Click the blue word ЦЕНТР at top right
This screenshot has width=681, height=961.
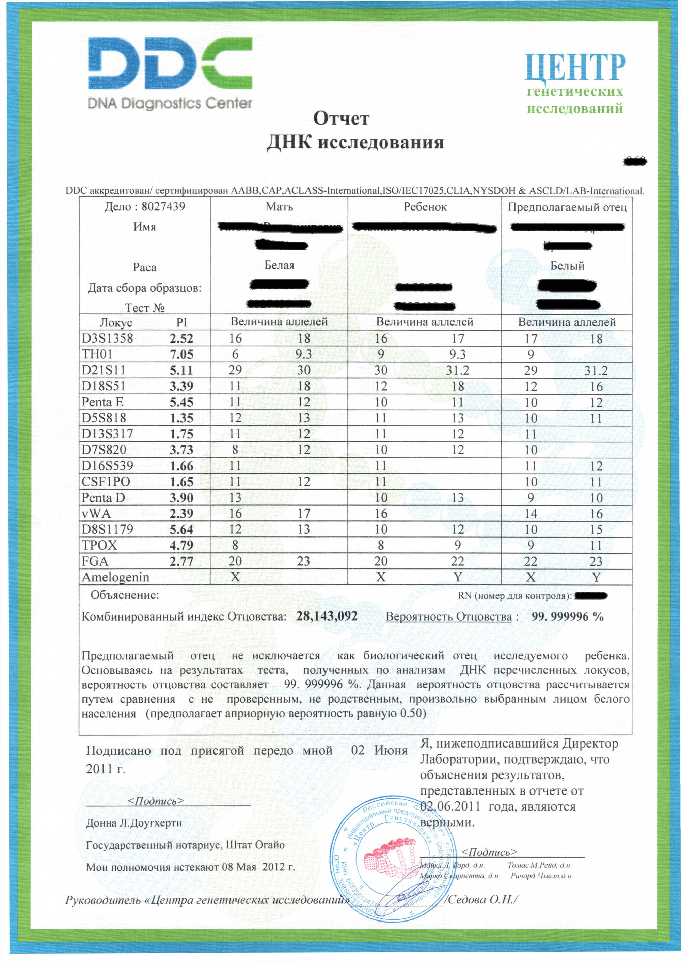pos(574,67)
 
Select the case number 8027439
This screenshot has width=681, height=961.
pos(163,206)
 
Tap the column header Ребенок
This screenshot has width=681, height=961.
pos(425,207)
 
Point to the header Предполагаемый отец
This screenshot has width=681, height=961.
pos(567,207)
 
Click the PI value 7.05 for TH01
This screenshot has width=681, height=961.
pos(181,354)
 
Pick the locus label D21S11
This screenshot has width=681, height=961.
pos(103,370)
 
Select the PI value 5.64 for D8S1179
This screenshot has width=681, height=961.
pos(181,530)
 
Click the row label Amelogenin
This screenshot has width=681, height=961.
pos(115,577)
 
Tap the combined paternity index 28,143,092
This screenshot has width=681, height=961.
pos(327,616)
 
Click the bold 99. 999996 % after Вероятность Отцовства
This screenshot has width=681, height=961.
pos(567,616)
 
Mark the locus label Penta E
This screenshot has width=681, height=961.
pos(102,402)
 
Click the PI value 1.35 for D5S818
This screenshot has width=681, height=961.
pos(181,418)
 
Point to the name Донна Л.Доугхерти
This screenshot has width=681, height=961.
pos(134,823)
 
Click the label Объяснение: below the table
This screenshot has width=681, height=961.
pos(125,595)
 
